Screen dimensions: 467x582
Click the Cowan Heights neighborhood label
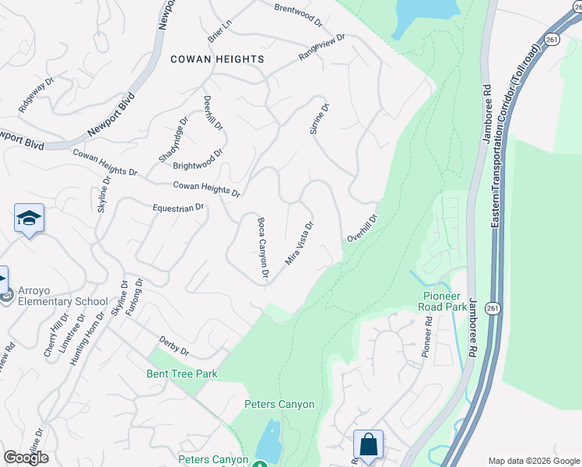(217, 59)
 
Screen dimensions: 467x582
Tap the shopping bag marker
(368, 446)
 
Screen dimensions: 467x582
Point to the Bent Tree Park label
(182, 374)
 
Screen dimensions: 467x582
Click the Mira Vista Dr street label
(300, 243)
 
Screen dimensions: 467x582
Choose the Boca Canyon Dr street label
(263, 249)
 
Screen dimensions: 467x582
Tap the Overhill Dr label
(363, 229)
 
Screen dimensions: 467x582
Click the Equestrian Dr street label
(177, 208)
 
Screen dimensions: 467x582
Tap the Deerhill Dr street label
(213, 114)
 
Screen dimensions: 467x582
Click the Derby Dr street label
(174, 346)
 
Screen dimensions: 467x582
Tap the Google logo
(26, 457)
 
